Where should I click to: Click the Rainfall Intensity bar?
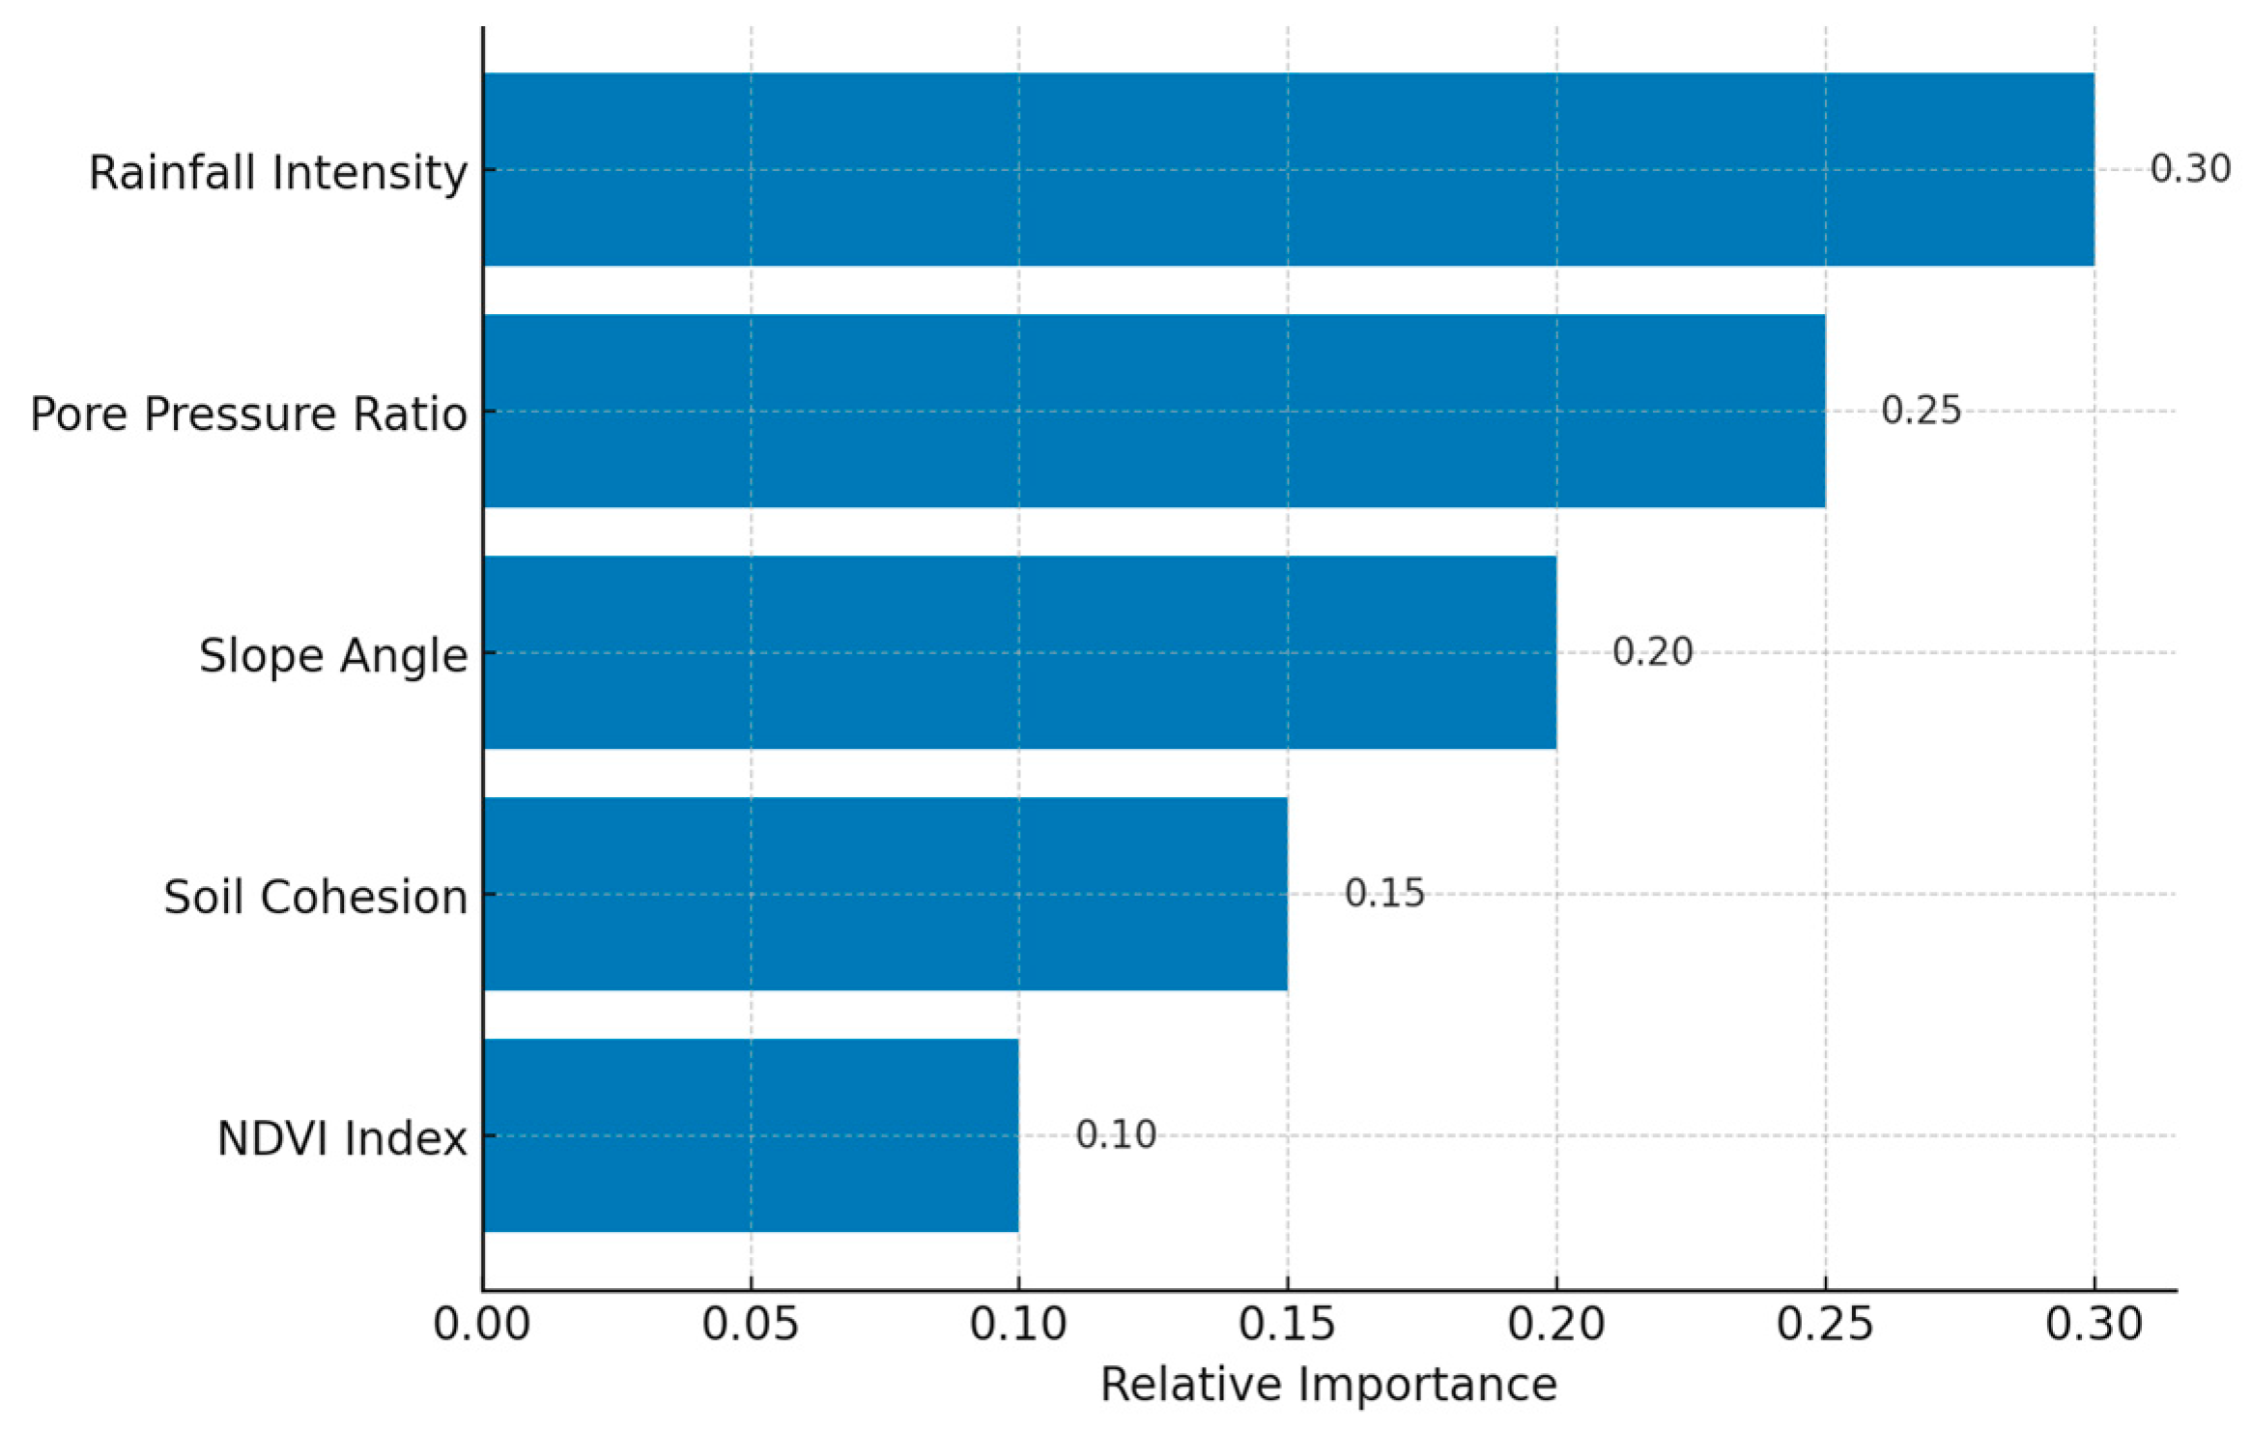1288,169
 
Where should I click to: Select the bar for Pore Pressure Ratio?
1154,411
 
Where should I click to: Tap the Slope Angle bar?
1019,652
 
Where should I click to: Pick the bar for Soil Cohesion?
885,894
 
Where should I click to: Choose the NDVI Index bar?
751,1135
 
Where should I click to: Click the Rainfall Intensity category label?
278,173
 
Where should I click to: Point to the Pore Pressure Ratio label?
249,415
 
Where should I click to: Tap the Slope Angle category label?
333,656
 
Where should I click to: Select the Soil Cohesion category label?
316,898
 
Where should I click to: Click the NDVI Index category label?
342,1139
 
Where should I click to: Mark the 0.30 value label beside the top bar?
2190,169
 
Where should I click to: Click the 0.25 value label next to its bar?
1921,411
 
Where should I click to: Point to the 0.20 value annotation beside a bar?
1652,652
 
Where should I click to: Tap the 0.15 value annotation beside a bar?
1384,894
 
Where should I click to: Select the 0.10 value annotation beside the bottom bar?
1116,1135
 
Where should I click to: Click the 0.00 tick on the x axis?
482,1325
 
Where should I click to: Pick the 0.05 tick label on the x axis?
751,1325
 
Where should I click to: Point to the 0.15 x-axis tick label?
1288,1325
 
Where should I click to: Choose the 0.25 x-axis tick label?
1825,1325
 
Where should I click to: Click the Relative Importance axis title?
1328,1386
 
